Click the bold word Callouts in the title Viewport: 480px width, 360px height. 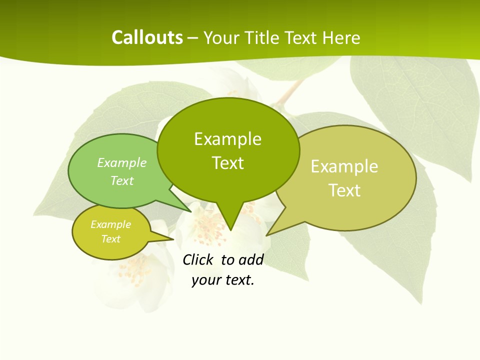pos(147,37)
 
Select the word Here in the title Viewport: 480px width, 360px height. pos(341,38)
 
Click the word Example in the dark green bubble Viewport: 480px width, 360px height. pos(227,139)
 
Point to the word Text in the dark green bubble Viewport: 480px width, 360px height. pos(227,163)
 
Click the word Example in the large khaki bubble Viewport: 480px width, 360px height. pos(344,166)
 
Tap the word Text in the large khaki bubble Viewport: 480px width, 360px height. pos(344,190)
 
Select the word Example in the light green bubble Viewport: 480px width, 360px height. pos(122,163)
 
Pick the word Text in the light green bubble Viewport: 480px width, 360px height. pos(122,181)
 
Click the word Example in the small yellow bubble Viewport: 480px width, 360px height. pos(110,224)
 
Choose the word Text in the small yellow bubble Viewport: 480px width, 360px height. pos(110,239)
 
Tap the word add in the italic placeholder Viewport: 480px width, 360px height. pos(250,259)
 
